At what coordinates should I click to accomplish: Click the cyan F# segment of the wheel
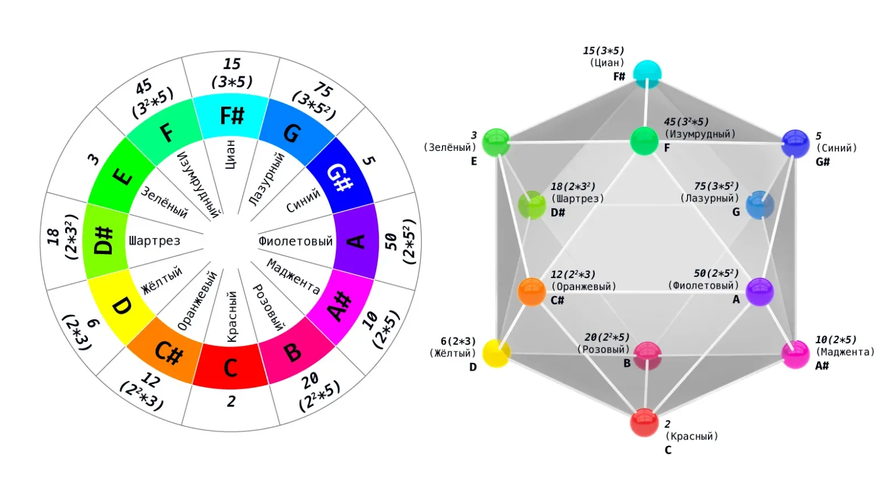pos(231,116)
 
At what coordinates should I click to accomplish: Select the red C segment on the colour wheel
pos(231,366)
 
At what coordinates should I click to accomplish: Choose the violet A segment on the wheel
pos(356,241)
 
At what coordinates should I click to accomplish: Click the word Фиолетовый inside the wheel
pos(296,241)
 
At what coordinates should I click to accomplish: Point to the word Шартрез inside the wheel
pos(154,240)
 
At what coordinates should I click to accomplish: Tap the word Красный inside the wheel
pos(232,316)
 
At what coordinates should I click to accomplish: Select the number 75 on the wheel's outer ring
pos(324,90)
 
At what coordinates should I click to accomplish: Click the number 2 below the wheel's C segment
pos(231,402)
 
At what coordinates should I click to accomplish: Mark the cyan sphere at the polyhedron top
pos(647,74)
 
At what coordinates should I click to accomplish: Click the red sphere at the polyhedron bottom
pos(644,423)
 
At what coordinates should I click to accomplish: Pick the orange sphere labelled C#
pos(532,292)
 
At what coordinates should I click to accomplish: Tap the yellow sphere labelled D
pos(496,353)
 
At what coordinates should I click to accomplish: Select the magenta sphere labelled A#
pos(795,354)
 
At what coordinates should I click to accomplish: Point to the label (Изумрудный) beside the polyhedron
pos(699,134)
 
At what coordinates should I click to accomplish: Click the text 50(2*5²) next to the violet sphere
pos(716,273)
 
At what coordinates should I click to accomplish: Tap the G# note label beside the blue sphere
pos(823,162)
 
